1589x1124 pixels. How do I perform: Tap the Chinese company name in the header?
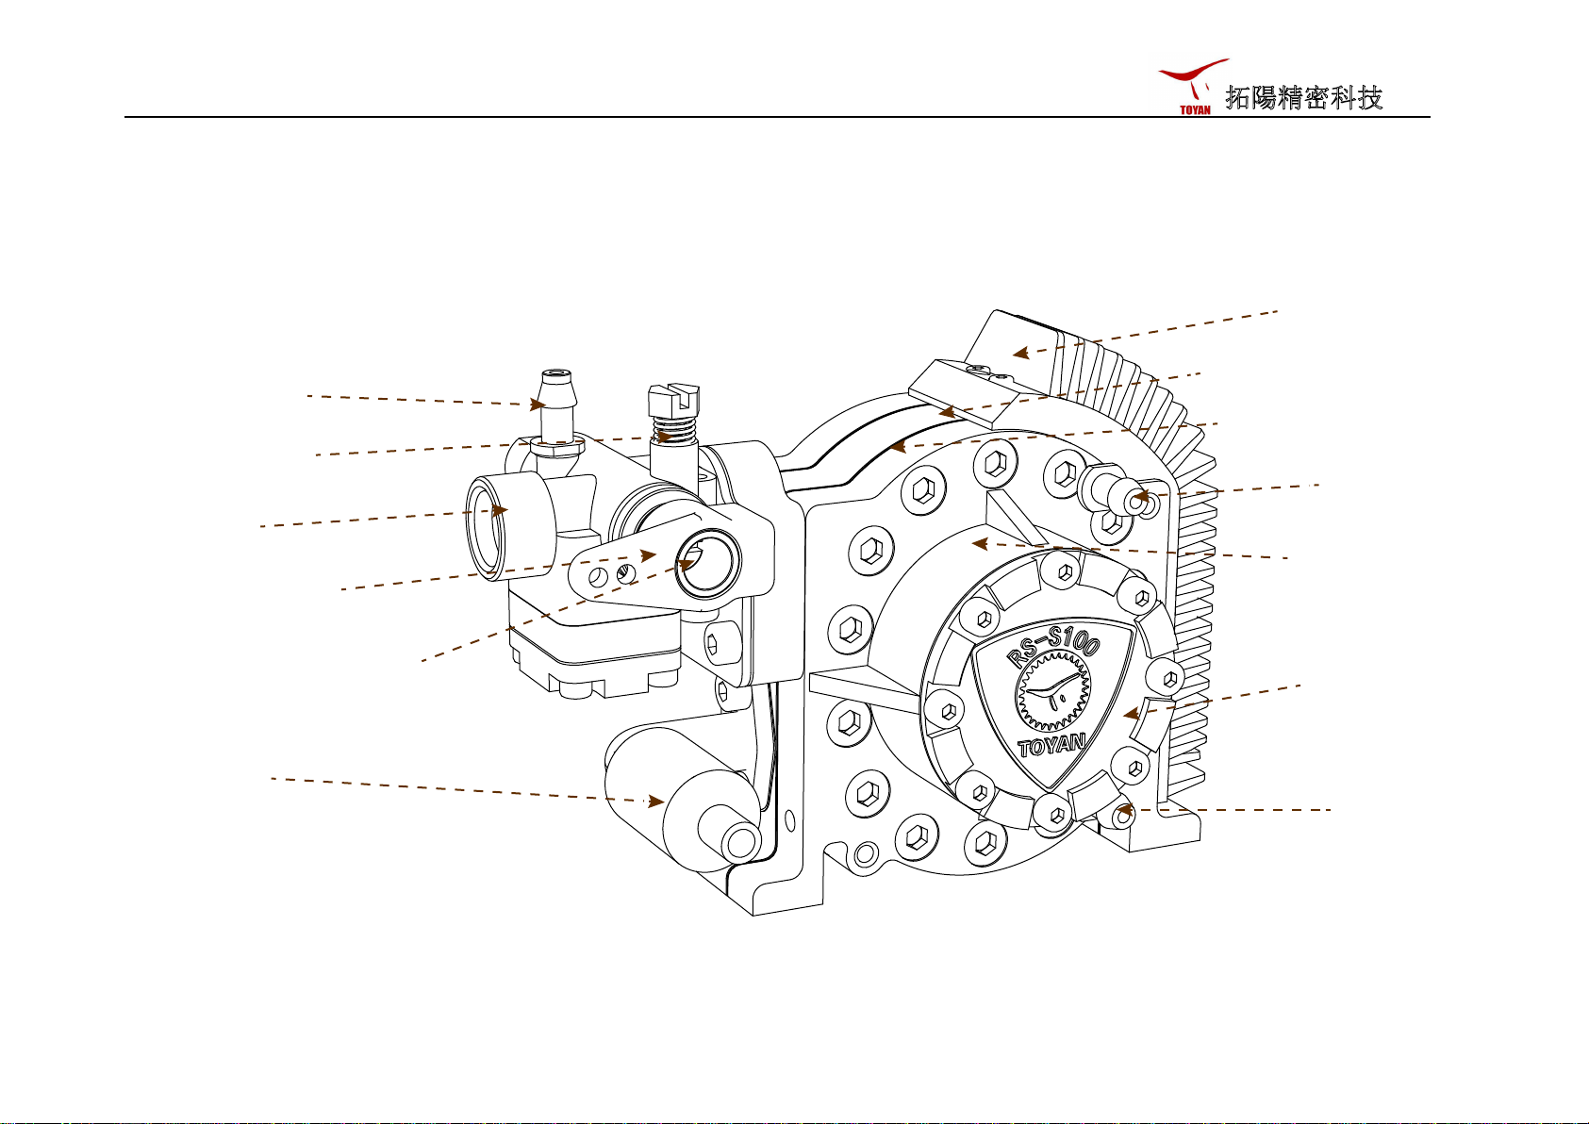pos(1303,98)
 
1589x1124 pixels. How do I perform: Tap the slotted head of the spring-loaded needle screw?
pos(672,398)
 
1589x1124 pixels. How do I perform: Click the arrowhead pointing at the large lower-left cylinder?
pos(655,802)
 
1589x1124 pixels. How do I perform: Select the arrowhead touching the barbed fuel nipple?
pos(538,405)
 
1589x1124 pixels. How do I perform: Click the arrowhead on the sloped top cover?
pos(1019,354)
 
